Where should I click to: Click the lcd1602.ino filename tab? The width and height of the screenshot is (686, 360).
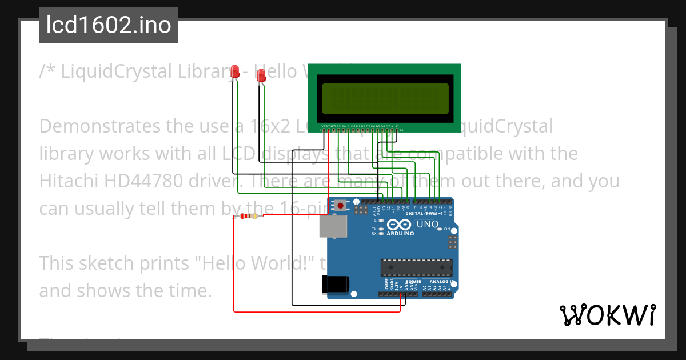tap(109, 25)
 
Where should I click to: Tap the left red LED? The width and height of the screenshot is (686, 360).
tap(234, 71)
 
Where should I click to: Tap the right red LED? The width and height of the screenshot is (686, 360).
tap(261, 75)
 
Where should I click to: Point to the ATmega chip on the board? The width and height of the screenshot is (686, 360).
tap(417, 267)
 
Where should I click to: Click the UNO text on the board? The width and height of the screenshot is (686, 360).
tap(427, 225)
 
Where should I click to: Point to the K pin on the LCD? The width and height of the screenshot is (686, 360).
tap(397, 126)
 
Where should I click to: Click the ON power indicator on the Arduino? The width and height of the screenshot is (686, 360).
tap(440, 229)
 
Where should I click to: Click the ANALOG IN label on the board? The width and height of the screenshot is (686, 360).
tap(440, 282)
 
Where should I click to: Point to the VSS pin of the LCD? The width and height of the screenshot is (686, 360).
tap(324, 126)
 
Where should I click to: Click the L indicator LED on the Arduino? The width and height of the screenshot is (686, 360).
tap(381, 220)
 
